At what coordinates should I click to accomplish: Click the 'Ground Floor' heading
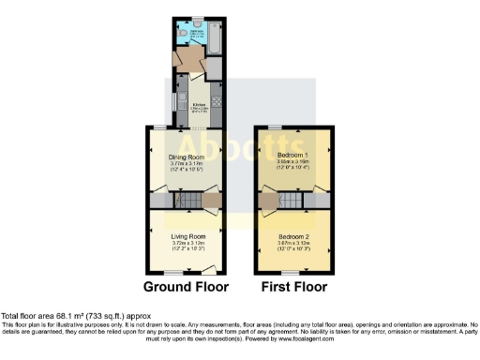(x=187, y=286)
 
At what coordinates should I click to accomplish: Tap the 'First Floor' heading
(x=294, y=286)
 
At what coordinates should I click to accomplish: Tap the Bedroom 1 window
(x=273, y=126)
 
